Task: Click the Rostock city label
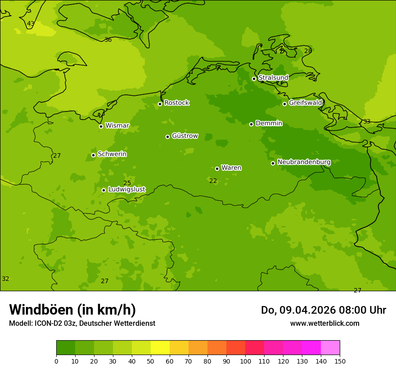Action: point(176,103)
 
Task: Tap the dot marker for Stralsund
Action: point(254,79)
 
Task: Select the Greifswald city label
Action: point(305,103)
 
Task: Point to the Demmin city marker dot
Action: point(251,124)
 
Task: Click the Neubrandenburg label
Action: point(304,162)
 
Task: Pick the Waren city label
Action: point(231,168)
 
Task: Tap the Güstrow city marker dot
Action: point(167,137)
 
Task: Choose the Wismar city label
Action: point(117,126)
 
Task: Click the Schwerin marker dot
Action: point(93,155)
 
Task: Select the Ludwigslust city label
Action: point(126,190)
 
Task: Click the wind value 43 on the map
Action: point(31,24)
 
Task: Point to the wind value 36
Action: point(108,40)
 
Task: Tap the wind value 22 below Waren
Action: point(213,181)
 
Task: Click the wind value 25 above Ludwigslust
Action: point(127,183)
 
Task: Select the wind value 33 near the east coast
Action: point(367,122)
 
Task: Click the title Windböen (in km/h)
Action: point(72,310)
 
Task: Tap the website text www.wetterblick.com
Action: point(324,324)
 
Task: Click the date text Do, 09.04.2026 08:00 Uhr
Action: point(324,310)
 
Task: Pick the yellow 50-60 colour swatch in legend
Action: point(160,348)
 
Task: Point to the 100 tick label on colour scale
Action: point(245,361)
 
